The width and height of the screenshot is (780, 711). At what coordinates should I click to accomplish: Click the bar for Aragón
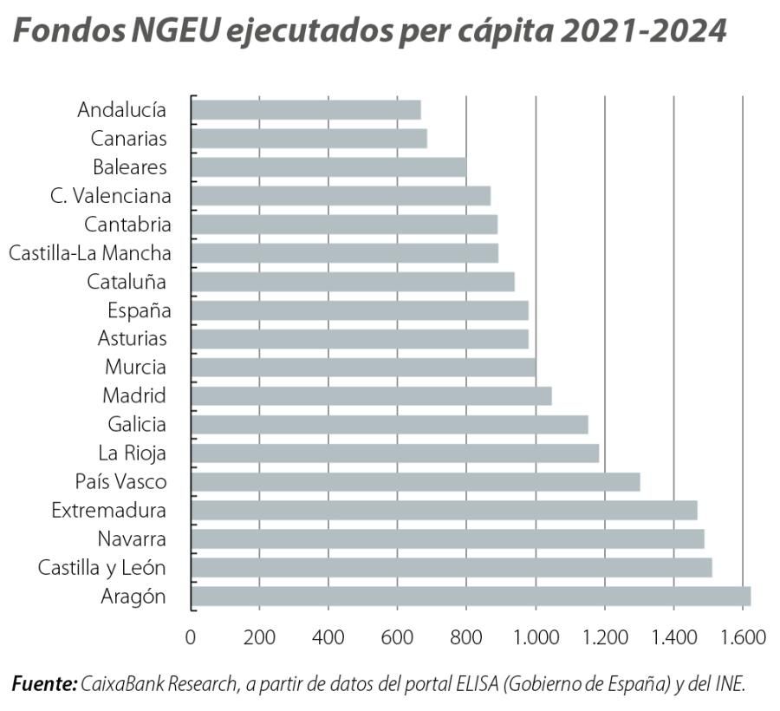click(x=470, y=597)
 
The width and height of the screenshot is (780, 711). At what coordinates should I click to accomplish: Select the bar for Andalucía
click(x=305, y=110)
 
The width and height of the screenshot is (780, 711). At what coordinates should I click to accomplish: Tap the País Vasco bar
click(x=415, y=482)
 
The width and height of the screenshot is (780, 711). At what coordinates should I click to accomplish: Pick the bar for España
click(x=359, y=310)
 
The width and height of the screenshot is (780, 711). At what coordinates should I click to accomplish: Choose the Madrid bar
click(x=371, y=396)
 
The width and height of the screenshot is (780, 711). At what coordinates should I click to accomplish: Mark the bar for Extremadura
click(x=444, y=511)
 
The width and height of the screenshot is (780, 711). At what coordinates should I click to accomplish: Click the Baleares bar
click(x=328, y=167)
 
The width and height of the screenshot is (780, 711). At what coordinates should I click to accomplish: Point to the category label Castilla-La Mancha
click(x=89, y=253)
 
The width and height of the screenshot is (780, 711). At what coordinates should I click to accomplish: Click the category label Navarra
click(x=132, y=539)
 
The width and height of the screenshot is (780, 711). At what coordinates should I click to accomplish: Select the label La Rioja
click(x=132, y=453)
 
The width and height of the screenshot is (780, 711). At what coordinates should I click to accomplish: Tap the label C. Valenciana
click(x=110, y=196)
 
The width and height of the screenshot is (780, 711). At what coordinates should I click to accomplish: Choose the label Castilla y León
click(x=102, y=568)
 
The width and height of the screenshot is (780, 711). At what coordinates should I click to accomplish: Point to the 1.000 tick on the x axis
click(x=536, y=637)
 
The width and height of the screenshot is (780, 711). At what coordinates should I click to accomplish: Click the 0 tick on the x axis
click(x=191, y=637)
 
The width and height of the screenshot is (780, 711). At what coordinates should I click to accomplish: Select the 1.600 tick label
click(x=743, y=637)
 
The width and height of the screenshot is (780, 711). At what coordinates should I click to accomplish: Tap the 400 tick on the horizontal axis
click(x=328, y=637)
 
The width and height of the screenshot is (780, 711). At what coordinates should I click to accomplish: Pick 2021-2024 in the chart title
click(x=643, y=31)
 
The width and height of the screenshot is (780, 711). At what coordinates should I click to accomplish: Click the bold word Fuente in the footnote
click(x=43, y=684)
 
